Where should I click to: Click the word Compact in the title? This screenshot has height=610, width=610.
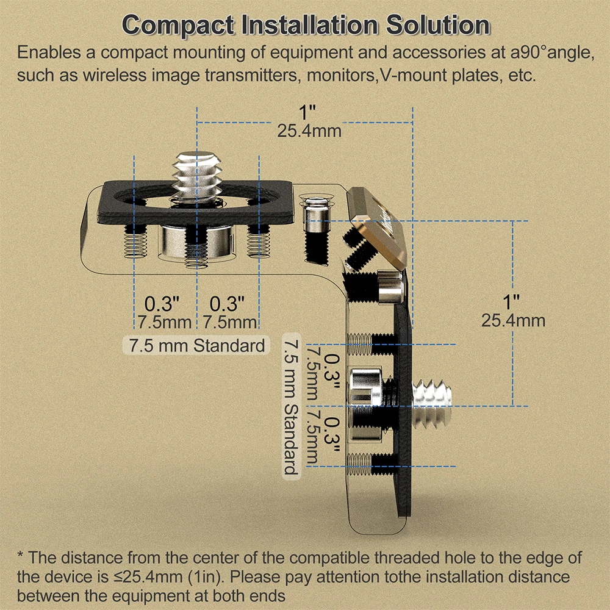[178, 26]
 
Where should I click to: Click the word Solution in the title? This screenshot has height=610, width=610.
[437, 25]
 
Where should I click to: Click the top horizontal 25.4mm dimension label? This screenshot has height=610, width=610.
[309, 131]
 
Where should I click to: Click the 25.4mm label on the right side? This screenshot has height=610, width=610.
[513, 321]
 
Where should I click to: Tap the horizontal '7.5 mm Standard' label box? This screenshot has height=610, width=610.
[196, 345]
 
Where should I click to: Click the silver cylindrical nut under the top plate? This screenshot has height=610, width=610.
[196, 242]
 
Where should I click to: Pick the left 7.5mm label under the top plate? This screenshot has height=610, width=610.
[163, 323]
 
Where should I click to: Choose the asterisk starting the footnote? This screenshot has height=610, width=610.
[21, 555]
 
